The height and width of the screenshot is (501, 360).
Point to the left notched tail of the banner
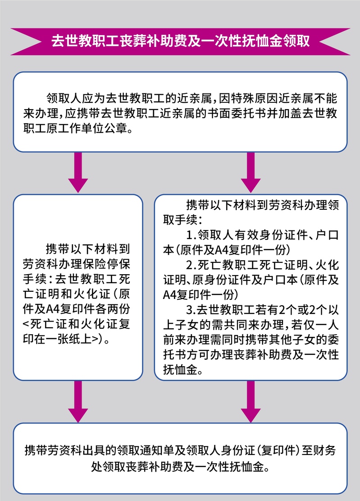[x=26, y=41]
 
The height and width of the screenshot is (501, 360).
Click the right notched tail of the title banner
[x=334, y=41]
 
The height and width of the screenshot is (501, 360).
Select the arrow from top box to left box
[x=78, y=172]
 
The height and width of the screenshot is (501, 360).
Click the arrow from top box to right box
[x=251, y=172]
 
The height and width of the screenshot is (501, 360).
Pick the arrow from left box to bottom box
[x=78, y=401]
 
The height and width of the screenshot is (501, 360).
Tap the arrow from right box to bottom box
[x=251, y=401]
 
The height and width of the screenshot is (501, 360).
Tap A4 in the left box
[x=52, y=309]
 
